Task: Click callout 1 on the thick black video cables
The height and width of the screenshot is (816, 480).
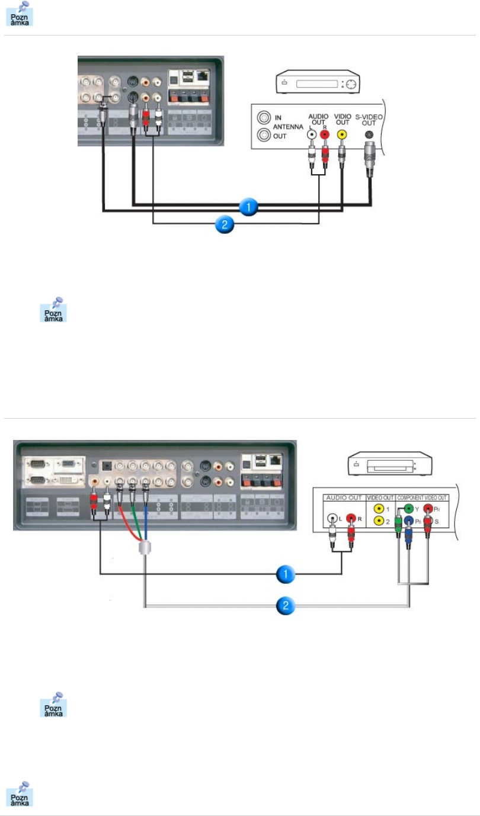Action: [249, 207]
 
